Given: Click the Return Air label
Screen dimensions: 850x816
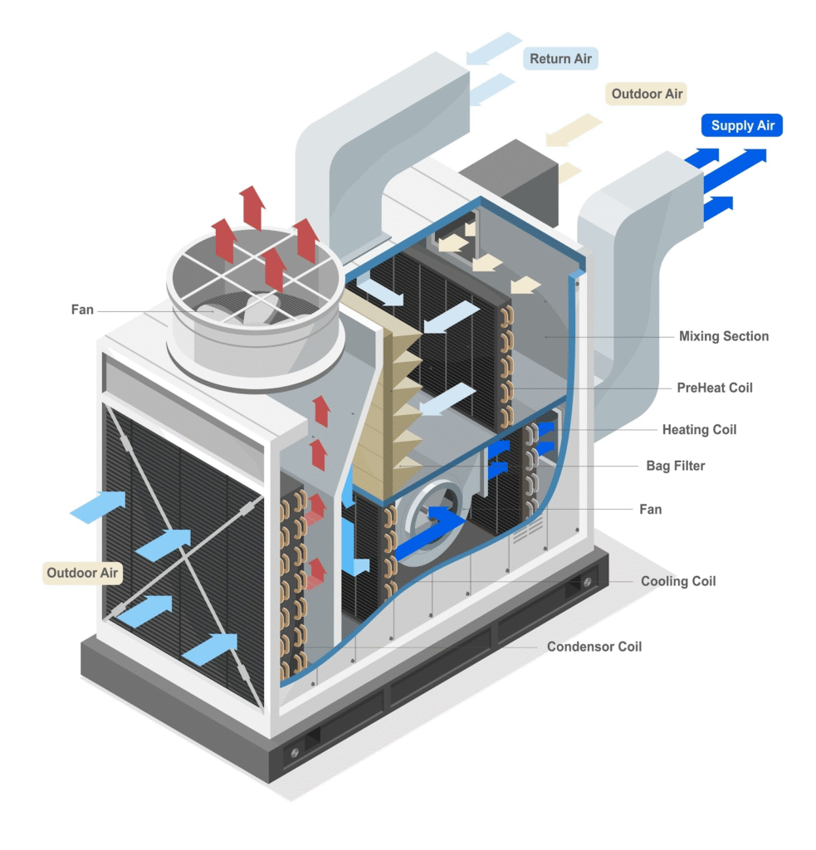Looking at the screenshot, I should (561, 59).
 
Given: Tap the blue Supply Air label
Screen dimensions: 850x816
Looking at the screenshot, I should (742, 126).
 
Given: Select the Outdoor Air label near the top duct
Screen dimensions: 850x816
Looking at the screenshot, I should (647, 94).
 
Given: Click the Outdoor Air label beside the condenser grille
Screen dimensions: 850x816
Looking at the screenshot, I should (82, 573).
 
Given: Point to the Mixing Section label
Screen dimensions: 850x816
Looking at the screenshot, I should (723, 336).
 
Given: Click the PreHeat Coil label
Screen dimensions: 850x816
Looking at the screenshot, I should (714, 388).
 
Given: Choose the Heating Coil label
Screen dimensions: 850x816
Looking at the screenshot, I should (699, 429).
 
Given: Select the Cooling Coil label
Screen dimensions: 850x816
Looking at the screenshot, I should (677, 581).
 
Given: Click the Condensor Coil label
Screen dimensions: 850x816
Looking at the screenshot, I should (594, 646).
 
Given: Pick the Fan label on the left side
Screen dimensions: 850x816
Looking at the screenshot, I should (82, 310).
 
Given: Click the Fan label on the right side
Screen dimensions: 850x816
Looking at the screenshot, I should (650, 509).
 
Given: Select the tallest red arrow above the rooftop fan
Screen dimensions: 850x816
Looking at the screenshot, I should (251, 208).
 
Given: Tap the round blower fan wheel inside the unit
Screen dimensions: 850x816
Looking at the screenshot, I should (435, 519).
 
